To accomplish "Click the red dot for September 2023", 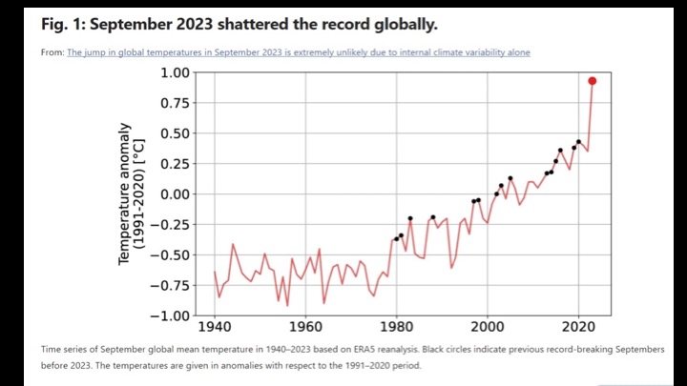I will click(x=592, y=81).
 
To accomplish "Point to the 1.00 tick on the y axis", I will click(x=175, y=73).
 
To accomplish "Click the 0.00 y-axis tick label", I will click(x=175, y=194).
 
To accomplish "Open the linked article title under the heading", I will click(x=298, y=52).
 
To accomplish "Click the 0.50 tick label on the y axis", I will click(x=175, y=133).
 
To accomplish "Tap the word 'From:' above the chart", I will click(x=52, y=52).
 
